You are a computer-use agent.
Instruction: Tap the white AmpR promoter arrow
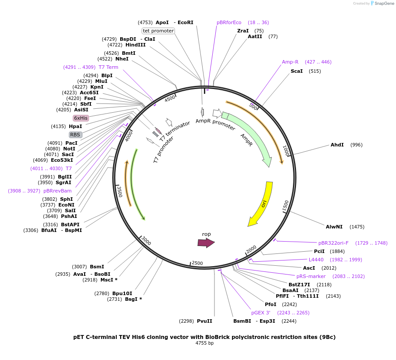[x=217, y=114]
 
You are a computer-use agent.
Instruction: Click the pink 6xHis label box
[x=81, y=118]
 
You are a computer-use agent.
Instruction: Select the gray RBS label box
[x=75, y=135]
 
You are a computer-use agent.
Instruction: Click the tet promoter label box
[x=158, y=31]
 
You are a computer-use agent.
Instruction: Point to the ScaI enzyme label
[x=296, y=71]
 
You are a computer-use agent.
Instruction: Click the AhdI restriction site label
[x=337, y=145]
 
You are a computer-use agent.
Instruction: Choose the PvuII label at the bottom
[x=204, y=321]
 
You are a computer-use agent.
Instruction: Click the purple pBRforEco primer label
[x=229, y=22]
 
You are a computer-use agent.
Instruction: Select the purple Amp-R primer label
[x=290, y=62]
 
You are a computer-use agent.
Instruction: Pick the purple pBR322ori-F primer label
[x=333, y=242]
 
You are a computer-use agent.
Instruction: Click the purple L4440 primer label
[x=316, y=260]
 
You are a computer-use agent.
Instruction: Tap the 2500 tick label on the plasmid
[x=197, y=263]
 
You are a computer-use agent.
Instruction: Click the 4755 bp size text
[x=204, y=343]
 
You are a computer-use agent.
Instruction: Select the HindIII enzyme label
[x=136, y=45]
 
